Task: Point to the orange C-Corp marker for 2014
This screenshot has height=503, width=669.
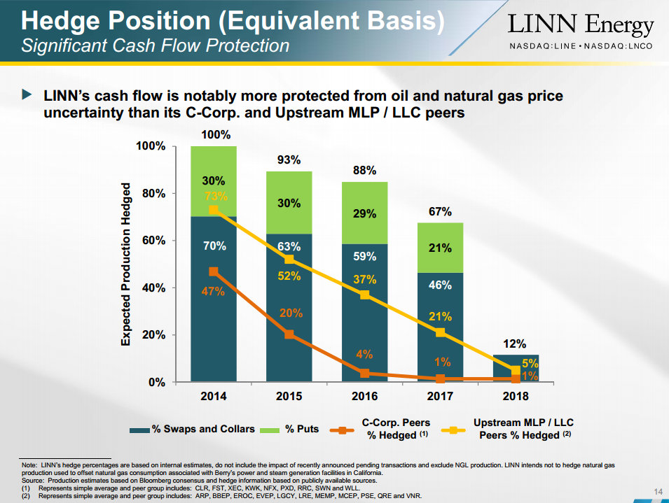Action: (214, 271)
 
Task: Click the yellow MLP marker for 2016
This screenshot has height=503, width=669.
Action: (365, 295)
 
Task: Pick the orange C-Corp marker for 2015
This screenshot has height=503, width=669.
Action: (289, 334)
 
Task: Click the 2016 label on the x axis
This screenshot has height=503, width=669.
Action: (365, 396)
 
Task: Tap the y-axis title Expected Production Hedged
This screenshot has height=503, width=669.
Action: (126, 264)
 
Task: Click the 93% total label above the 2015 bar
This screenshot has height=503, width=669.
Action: (289, 160)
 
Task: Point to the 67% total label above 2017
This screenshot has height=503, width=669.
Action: (440, 211)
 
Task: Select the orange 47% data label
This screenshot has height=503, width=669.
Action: (213, 290)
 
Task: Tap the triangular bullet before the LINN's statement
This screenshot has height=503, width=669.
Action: (27, 94)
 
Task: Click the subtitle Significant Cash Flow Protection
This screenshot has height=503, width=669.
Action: (155, 46)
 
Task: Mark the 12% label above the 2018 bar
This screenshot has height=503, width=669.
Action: (515, 343)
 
